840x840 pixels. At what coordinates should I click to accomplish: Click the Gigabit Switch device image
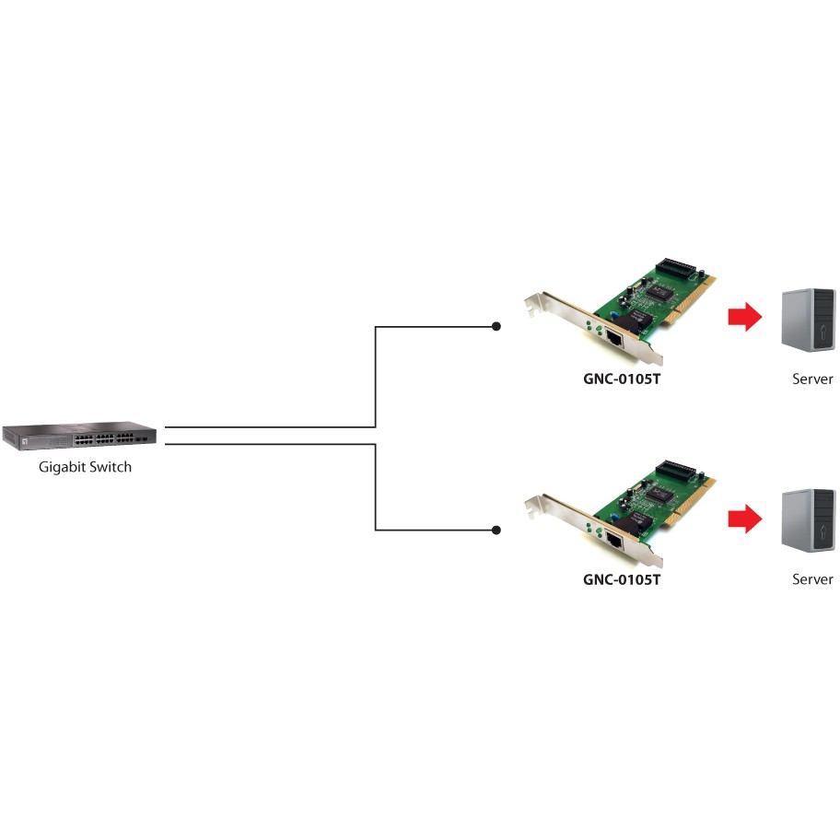[79, 436]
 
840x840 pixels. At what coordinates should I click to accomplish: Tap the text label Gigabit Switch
[85, 467]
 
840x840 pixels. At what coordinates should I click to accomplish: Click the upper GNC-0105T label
[622, 379]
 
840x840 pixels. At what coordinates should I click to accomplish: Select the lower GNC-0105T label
[622, 580]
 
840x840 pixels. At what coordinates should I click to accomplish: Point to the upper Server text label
[812, 379]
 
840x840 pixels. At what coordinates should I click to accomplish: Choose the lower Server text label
[812, 579]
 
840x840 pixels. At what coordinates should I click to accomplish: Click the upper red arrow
[744, 318]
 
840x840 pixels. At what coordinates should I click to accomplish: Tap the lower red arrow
[744, 519]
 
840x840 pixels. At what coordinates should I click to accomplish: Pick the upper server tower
[808, 319]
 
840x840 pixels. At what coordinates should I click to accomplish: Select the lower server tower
[808, 520]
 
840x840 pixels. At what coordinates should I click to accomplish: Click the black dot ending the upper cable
[496, 326]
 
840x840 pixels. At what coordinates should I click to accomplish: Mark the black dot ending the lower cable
[496, 530]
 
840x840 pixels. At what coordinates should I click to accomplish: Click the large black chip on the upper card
[659, 291]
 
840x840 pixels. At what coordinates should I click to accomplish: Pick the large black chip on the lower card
[659, 493]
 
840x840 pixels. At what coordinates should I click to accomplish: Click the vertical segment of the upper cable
[376, 377]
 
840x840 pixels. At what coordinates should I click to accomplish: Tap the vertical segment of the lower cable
[376, 487]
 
